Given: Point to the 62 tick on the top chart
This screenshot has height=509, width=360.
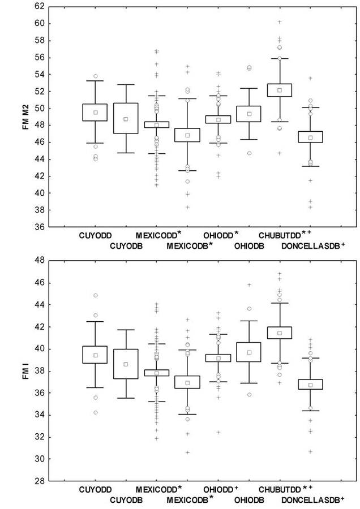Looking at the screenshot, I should (x=39, y=7).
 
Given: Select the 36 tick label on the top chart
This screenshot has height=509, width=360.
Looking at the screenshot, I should (x=39, y=227).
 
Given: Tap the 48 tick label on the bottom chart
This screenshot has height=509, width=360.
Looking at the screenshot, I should (x=39, y=261).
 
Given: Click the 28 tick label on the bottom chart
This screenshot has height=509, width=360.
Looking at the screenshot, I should (x=39, y=481).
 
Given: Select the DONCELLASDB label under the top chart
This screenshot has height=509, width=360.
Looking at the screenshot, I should (x=311, y=245).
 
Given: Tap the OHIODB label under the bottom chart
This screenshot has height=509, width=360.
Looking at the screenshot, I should (x=248, y=500).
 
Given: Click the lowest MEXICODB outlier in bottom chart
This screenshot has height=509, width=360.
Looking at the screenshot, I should (x=187, y=452).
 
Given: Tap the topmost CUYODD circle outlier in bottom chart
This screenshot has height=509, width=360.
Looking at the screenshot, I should (x=95, y=295).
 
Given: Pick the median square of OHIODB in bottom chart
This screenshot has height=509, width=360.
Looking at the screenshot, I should (x=248, y=352).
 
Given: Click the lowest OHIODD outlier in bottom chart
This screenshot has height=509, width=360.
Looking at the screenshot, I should (x=218, y=432).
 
